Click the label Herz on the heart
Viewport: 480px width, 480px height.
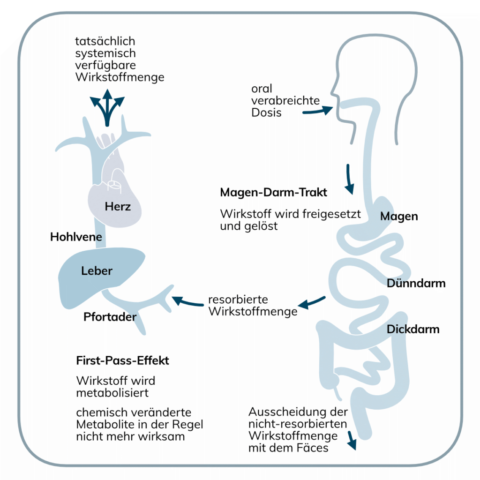pyautogui.click(x=118, y=206)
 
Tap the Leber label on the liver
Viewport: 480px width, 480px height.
pyautogui.click(x=97, y=270)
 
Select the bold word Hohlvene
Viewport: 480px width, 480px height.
pyautogui.click(x=76, y=237)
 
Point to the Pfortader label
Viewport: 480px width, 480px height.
pyautogui.click(x=110, y=317)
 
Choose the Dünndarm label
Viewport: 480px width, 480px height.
pyautogui.click(x=416, y=283)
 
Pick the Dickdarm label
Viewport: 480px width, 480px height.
pyautogui.click(x=413, y=329)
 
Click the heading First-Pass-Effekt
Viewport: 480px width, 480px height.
pyautogui.click(x=122, y=361)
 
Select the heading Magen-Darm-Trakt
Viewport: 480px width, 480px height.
pyautogui.click(x=273, y=193)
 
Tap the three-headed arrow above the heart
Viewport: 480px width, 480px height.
pyautogui.click(x=108, y=108)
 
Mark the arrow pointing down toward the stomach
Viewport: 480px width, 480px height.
pyautogui.click(x=349, y=180)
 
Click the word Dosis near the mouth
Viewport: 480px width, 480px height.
pyautogui.click(x=266, y=112)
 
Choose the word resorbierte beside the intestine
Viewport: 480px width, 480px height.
pyautogui.click(x=238, y=300)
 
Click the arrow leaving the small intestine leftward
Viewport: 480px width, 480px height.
pyautogui.click(x=311, y=303)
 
